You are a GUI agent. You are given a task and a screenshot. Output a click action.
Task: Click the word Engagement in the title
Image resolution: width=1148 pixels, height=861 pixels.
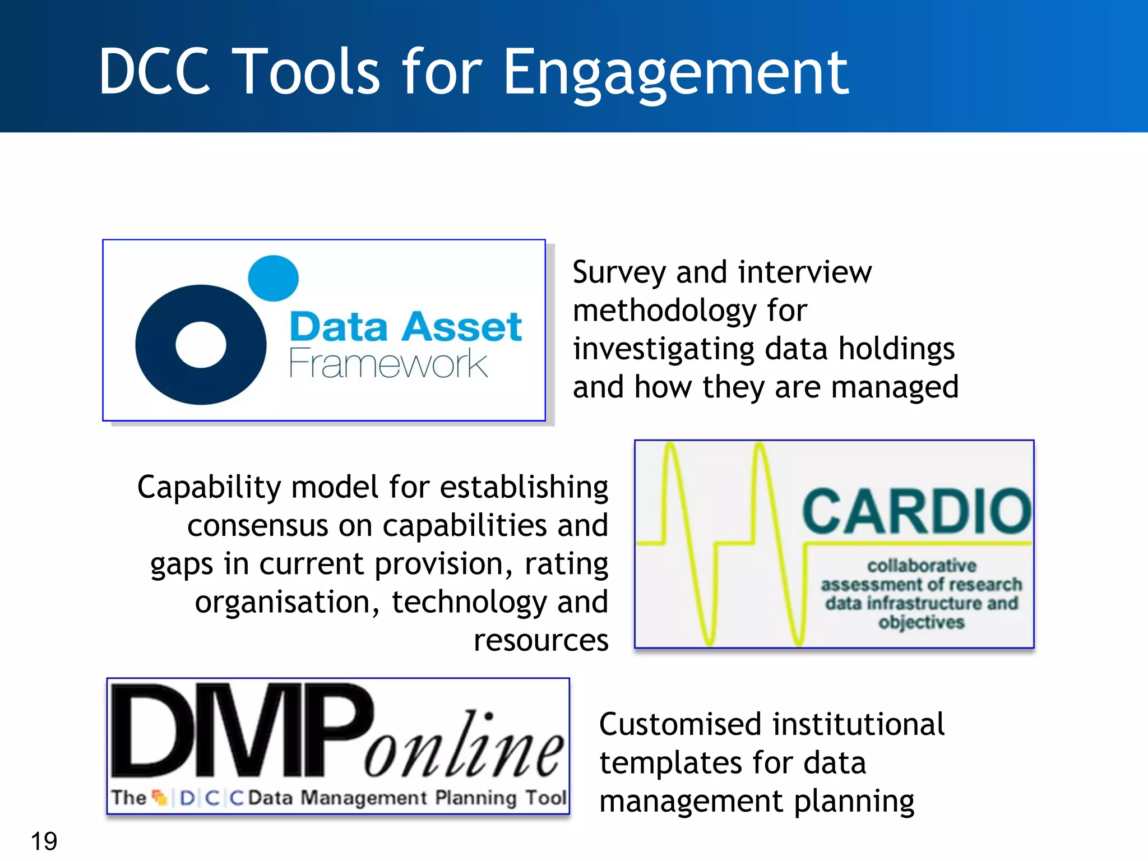click(675, 73)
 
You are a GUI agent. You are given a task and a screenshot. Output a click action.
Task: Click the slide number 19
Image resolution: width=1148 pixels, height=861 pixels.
click(44, 841)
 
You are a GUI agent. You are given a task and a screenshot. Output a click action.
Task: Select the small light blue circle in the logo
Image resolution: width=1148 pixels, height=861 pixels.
click(273, 278)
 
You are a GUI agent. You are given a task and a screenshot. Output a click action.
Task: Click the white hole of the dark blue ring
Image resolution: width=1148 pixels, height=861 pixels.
click(201, 345)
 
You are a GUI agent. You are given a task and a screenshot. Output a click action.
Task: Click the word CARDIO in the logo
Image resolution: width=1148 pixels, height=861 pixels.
click(916, 511)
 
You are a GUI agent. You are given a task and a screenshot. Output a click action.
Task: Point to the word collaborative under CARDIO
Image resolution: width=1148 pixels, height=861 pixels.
click(922, 565)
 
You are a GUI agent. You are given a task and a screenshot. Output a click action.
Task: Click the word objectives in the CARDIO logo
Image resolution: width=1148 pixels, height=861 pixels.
click(922, 622)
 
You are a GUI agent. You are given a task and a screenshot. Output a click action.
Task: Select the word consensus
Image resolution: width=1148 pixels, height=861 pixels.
click(257, 526)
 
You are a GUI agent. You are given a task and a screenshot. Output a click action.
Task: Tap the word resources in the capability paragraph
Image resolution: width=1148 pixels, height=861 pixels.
click(540, 640)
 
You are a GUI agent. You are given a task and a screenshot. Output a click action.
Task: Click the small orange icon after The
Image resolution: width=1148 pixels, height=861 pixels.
click(160, 797)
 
